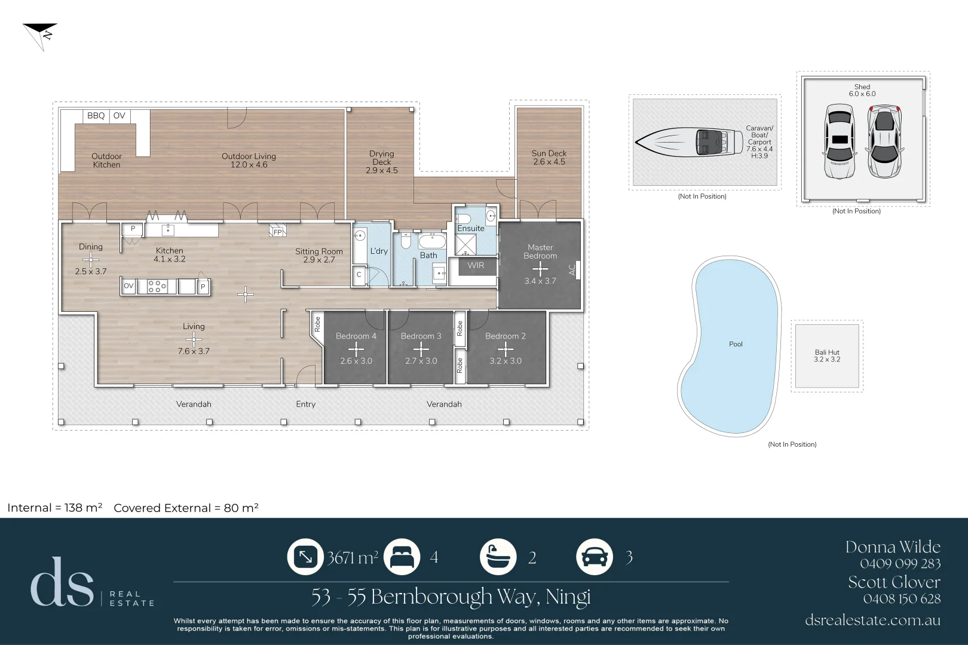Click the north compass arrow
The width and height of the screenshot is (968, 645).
click(41, 33)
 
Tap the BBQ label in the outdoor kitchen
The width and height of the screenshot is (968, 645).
click(96, 116)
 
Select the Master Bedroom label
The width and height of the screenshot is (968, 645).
click(540, 251)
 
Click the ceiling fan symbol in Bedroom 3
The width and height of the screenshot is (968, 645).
click(421, 349)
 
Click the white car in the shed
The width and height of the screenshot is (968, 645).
click(840, 142)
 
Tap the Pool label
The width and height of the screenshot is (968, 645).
click(736, 344)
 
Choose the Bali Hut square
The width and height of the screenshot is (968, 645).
click(827, 356)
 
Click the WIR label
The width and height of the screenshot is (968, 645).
click(476, 266)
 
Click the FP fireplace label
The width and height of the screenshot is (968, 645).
click(277, 232)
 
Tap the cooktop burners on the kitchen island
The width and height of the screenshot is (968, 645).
click(157, 287)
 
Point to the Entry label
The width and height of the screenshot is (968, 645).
click(305, 404)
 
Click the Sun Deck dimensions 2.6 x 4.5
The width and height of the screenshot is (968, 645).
click(549, 162)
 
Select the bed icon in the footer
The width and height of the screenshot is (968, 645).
click(402, 557)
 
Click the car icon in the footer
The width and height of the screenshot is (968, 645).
click(594, 557)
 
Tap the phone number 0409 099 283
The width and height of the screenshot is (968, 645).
click(900, 563)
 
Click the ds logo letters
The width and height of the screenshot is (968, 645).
click(62, 583)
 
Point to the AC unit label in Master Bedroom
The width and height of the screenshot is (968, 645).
click(572, 270)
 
